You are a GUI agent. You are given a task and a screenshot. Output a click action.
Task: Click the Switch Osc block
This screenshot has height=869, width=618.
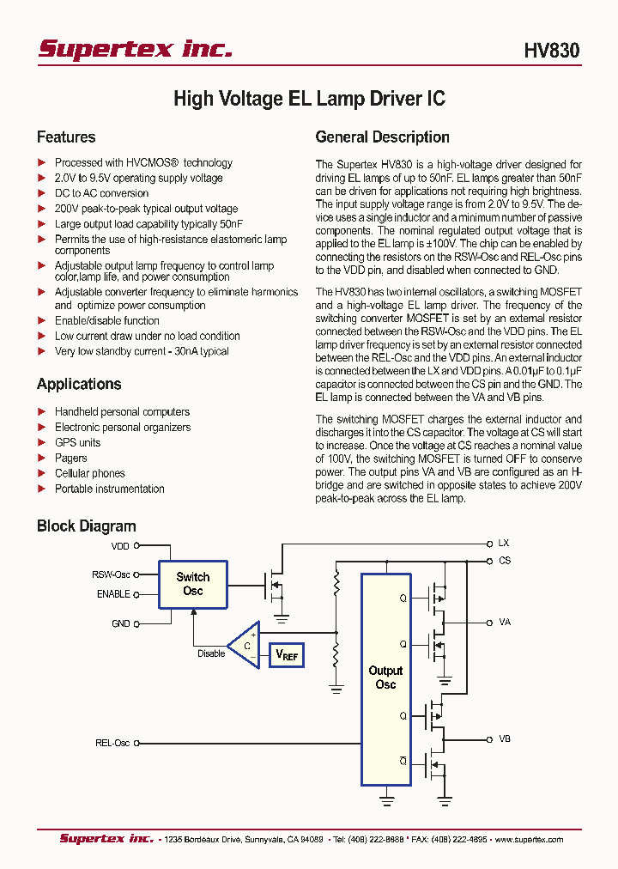coord(193,584)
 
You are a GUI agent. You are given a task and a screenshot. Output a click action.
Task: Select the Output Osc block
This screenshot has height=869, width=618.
coord(385,678)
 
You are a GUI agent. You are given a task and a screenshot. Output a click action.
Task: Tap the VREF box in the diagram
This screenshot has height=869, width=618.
coord(287,655)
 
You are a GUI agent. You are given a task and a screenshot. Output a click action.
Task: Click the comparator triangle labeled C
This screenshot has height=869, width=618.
coord(245,645)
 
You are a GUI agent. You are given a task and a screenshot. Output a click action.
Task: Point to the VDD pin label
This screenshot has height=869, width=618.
coord(120,545)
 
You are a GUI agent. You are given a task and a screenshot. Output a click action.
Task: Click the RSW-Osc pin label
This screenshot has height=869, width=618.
coord(112,574)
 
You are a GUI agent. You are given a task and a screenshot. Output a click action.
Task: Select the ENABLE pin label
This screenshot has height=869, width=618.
coord(113,593)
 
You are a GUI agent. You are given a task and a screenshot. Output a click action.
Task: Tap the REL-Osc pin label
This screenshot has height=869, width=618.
coord(112,743)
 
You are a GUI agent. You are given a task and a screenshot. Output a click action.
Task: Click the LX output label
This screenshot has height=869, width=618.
coord(504,544)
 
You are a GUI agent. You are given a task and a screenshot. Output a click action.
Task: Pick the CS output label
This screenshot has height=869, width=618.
coord(504,561)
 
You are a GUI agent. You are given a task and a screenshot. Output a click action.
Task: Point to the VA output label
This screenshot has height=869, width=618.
coord(504,622)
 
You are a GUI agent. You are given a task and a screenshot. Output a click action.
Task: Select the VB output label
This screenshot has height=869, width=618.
coord(504,738)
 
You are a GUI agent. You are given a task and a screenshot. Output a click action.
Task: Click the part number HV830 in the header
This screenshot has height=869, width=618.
coord(551,51)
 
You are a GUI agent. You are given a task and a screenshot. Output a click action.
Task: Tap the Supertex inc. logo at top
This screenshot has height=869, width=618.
coord(135,49)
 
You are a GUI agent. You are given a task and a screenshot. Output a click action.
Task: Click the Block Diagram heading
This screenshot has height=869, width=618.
coord(86,526)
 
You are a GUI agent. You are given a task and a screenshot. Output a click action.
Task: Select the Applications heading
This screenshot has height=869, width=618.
coord(79,384)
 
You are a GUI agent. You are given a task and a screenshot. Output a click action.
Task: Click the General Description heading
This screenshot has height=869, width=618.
coord(382,137)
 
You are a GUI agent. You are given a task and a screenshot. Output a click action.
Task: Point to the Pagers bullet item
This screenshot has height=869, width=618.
coord(71,458)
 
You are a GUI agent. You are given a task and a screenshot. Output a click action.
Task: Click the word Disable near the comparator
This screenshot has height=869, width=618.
coord(211,653)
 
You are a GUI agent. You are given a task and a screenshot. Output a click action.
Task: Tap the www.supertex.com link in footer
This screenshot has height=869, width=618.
coord(529,839)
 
